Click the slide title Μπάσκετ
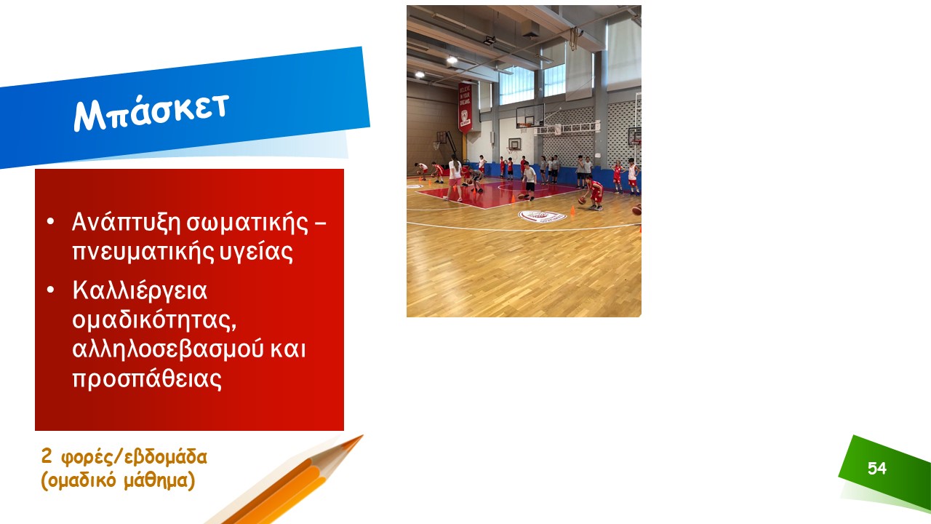click(x=151, y=111)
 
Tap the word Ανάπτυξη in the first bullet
click(x=126, y=223)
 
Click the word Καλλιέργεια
click(x=140, y=290)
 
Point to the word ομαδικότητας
click(x=154, y=320)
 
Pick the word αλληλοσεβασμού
click(x=167, y=349)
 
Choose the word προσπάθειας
click(x=147, y=378)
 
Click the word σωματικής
click(x=247, y=223)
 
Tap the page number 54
click(x=877, y=468)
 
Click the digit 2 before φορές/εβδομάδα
click(x=46, y=456)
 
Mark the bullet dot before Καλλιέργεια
click(x=50, y=290)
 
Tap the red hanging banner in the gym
click(x=465, y=107)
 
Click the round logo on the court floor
click(x=542, y=216)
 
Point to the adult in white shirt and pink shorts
click(x=454, y=179)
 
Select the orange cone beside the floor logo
click(x=572, y=210)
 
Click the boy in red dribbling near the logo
click(x=594, y=193)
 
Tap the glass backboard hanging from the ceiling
click(x=530, y=116)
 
